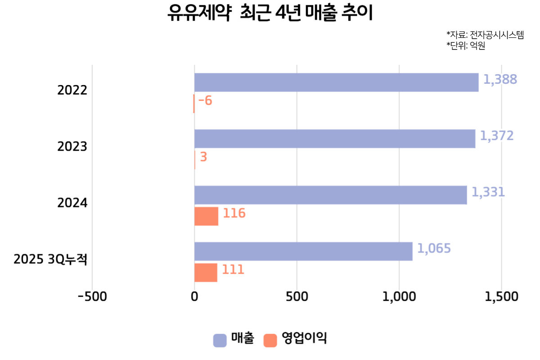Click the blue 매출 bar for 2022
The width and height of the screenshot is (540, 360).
(x=336, y=82)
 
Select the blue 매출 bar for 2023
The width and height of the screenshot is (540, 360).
(x=335, y=139)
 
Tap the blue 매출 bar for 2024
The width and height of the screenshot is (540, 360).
(x=330, y=195)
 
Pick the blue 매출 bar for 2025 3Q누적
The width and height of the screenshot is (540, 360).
(x=303, y=251)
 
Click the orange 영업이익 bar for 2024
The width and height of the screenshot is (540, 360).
(x=206, y=216)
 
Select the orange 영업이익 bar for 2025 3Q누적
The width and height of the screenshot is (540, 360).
(x=206, y=273)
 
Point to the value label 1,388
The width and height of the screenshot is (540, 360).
(x=500, y=80)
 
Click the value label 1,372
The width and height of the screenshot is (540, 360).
(x=496, y=136)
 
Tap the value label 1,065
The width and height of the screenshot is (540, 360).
(x=434, y=248)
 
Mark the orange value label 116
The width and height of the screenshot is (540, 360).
(x=234, y=213)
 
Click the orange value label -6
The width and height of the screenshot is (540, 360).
(x=205, y=101)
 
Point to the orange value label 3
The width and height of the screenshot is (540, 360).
(x=203, y=157)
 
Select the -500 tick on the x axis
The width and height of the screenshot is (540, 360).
(x=92, y=297)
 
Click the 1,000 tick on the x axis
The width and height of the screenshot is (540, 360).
(x=399, y=297)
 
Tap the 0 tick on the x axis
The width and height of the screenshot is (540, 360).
(x=194, y=297)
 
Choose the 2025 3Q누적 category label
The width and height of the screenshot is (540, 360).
(x=50, y=260)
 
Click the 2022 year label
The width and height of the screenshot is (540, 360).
(x=72, y=90)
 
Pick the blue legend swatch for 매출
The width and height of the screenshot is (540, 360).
(x=220, y=340)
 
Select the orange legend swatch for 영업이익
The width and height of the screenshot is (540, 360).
(x=270, y=340)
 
